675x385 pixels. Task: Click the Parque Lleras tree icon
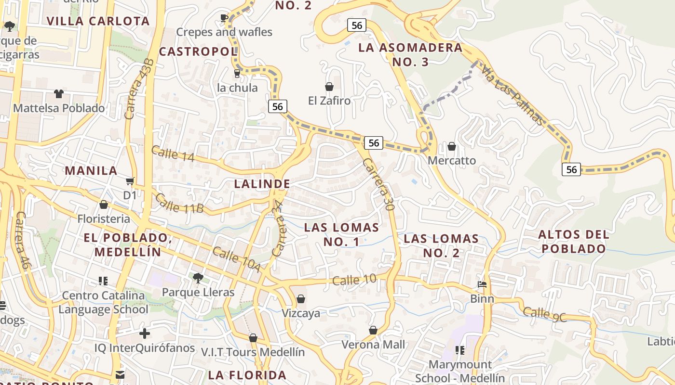point(197,278)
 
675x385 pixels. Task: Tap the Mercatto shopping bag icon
point(452,146)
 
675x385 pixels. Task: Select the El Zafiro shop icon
point(329,87)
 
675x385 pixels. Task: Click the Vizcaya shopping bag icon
point(301,299)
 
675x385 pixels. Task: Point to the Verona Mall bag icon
point(373,330)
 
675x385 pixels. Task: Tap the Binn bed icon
point(482,284)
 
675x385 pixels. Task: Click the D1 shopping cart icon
point(130,181)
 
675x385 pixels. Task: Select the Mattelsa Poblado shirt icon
point(58,94)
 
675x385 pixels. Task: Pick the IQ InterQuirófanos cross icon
point(144,333)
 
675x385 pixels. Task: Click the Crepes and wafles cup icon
point(224,18)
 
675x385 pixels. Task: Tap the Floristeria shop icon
point(103,205)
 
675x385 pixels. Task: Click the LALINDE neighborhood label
point(262,184)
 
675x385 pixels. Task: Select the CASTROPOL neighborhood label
point(198,51)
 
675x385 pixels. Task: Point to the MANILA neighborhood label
point(91,171)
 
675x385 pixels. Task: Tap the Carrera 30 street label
point(378,184)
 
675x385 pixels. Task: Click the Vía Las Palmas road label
point(512,94)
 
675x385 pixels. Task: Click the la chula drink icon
point(237,73)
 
